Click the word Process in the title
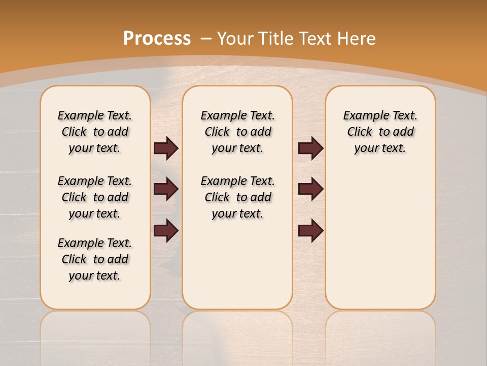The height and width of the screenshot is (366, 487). pos(157,38)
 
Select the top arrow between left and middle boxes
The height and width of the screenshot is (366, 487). pos(166,148)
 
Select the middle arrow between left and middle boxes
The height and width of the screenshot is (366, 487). pos(166,189)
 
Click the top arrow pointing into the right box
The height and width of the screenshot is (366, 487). pos(310,148)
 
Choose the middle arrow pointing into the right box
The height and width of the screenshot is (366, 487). pos(310,189)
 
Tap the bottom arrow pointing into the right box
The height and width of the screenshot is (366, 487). pos(310,230)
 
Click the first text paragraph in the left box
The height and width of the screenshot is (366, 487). pos(95,132)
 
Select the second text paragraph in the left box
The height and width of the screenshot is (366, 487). pos(95,197)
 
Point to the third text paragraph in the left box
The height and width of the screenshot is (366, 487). pos(95,259)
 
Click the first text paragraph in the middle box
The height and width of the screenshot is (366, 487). pos(238,132)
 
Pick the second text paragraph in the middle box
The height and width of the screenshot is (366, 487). pos(238,197)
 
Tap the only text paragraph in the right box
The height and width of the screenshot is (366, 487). pos(380,132)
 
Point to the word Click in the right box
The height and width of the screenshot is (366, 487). pos(360,132)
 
